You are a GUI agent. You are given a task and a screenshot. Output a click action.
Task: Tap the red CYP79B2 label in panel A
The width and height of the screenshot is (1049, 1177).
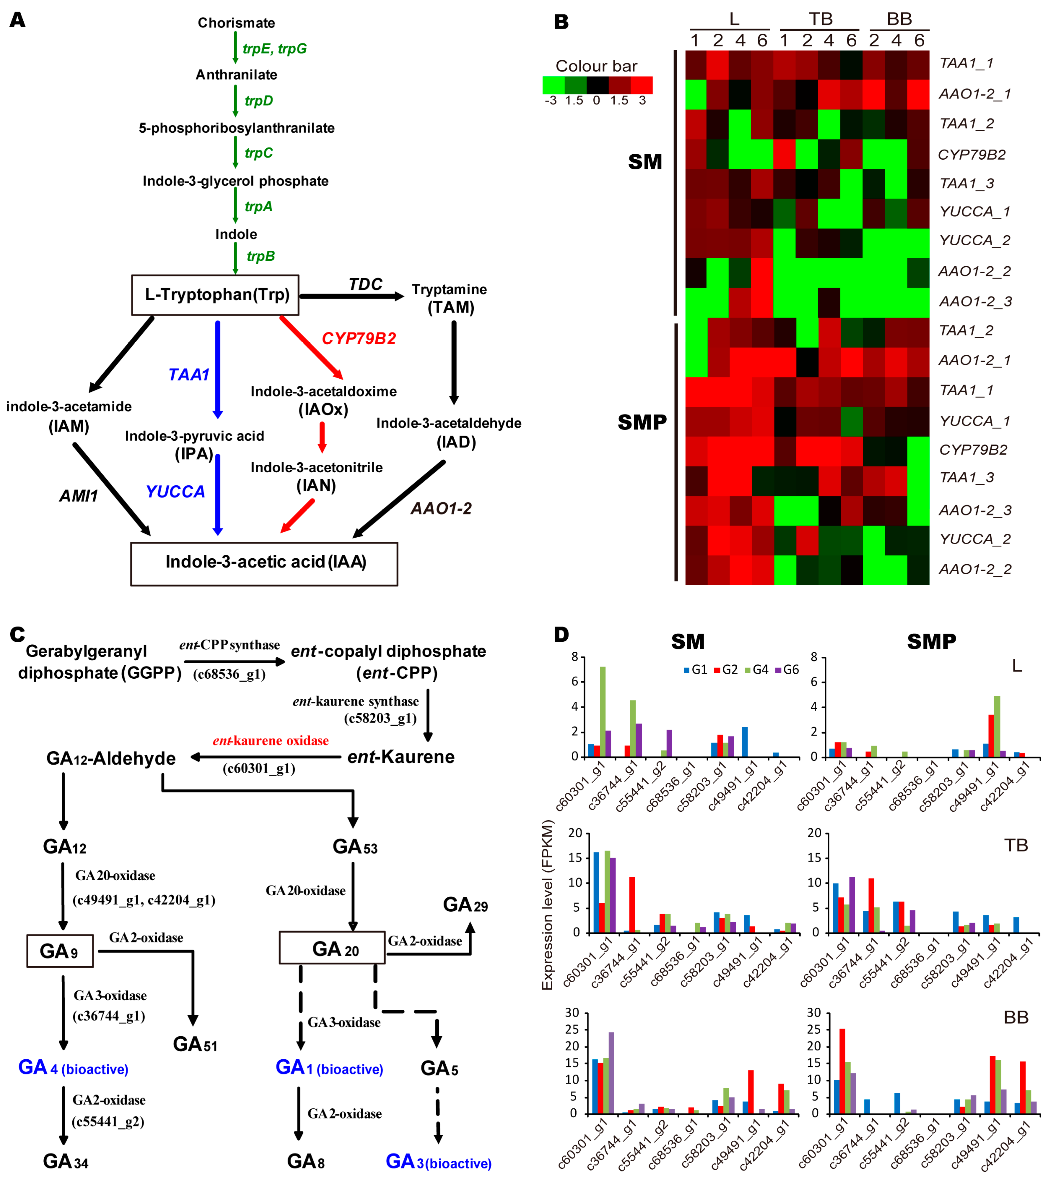(358, 338)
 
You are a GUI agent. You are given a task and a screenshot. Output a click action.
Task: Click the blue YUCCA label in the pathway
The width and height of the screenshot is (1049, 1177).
(175, 492)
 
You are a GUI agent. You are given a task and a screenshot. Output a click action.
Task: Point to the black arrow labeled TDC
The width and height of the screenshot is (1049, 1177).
(352, 296)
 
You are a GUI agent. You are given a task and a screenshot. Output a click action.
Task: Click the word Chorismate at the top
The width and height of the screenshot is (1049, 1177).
(236, 23)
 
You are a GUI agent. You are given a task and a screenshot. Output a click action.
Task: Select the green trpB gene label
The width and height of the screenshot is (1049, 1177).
(261, 256)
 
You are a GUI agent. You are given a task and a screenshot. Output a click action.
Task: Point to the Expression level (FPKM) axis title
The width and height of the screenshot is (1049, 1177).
(547, 905)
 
